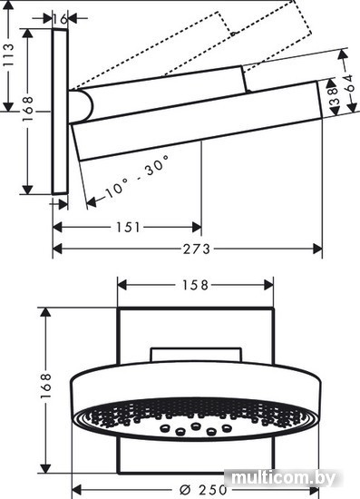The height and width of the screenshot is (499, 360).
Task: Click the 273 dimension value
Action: pos(197,249)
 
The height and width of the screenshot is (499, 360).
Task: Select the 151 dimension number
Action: pos(128,227)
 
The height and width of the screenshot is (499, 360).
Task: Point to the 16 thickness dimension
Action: pos(60,19)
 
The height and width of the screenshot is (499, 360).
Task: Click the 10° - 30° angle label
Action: pos(137,176)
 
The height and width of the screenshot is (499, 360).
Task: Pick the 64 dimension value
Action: pos(350,83)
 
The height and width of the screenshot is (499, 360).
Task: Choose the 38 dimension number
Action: pos(334,96)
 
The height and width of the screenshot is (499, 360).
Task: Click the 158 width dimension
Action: pos(195,285)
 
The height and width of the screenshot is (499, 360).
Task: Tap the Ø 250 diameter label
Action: pos(203,490)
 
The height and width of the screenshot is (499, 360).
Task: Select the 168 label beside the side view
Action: pos(28,109)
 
